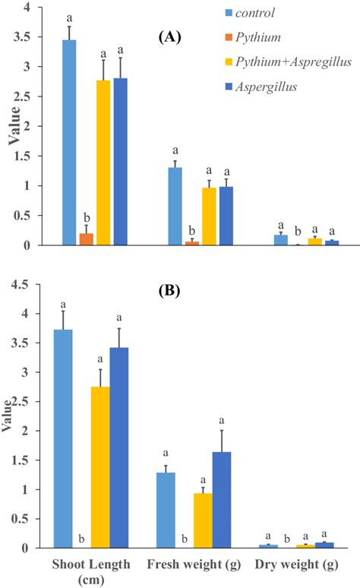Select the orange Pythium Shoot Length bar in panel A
click(87, 239)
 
